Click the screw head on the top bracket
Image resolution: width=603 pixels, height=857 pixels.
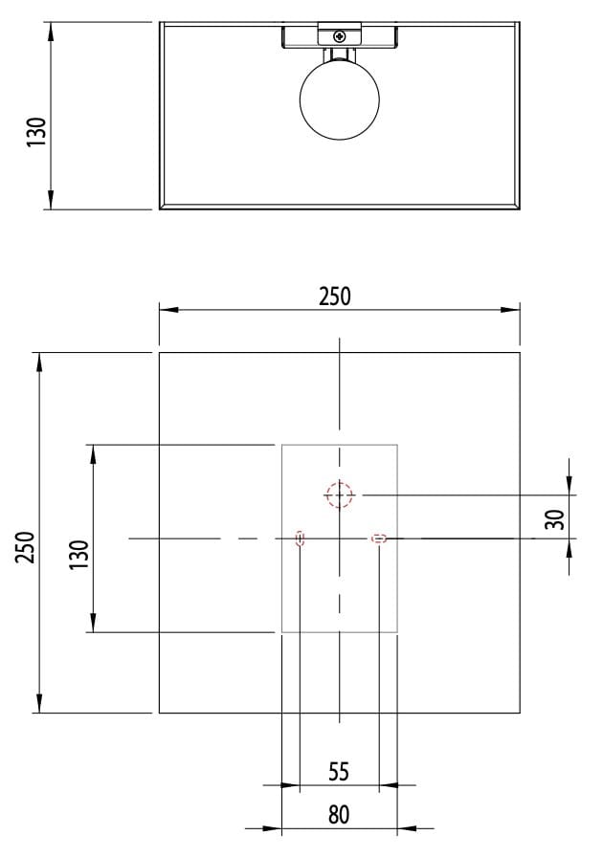coord(340,35)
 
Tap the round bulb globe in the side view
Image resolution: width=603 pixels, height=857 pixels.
coord(340,99)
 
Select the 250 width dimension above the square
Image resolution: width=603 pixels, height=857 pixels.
coord(335,297)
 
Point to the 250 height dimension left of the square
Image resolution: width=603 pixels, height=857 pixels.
coord(26,547)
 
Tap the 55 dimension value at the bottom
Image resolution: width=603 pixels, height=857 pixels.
coord(339,771)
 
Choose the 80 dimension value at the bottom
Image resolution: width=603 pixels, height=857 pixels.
coord(339,815)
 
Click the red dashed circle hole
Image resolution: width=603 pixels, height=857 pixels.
coord(339,494)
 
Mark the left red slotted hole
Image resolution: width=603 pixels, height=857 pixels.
coord(301,538)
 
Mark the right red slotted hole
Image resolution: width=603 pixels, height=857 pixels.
coord(379,538)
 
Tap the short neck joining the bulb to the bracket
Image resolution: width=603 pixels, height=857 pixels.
coord(340,55)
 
